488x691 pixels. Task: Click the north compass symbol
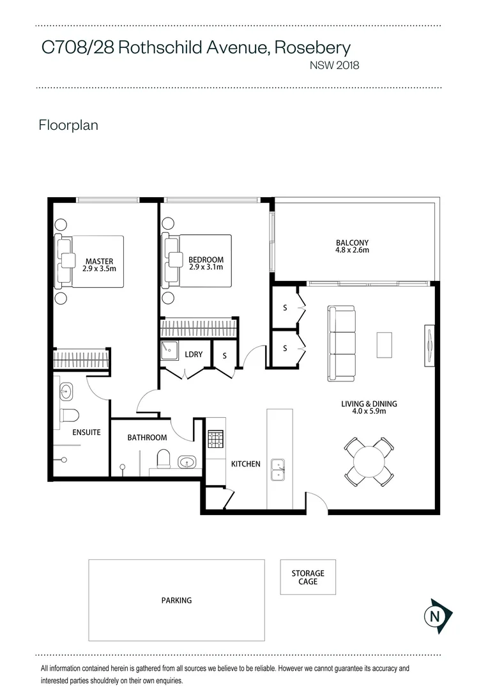[x=436, y=617]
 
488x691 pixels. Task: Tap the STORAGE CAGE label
[x=308, y=577]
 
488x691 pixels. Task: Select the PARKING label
[x=176, y=600]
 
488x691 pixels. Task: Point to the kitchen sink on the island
[x=277, y=469]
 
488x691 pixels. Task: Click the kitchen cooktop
[x=215, y=439]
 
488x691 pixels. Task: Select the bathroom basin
[x=187, y=462]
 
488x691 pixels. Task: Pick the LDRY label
[x=194, y=354]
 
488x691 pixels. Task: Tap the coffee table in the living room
[x=384, y=345]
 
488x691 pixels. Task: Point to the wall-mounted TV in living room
[x=430, y=346]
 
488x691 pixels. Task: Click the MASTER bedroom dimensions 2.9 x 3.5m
[x=98, y=269]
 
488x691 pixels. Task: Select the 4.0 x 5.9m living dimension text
[x=369, y=411]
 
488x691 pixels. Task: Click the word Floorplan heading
[x=68, y=125]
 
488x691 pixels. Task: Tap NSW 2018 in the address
[x=334, y=65]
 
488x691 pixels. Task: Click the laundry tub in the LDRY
[x=170, y=350]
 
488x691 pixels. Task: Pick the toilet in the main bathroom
[x=164, y=458]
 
